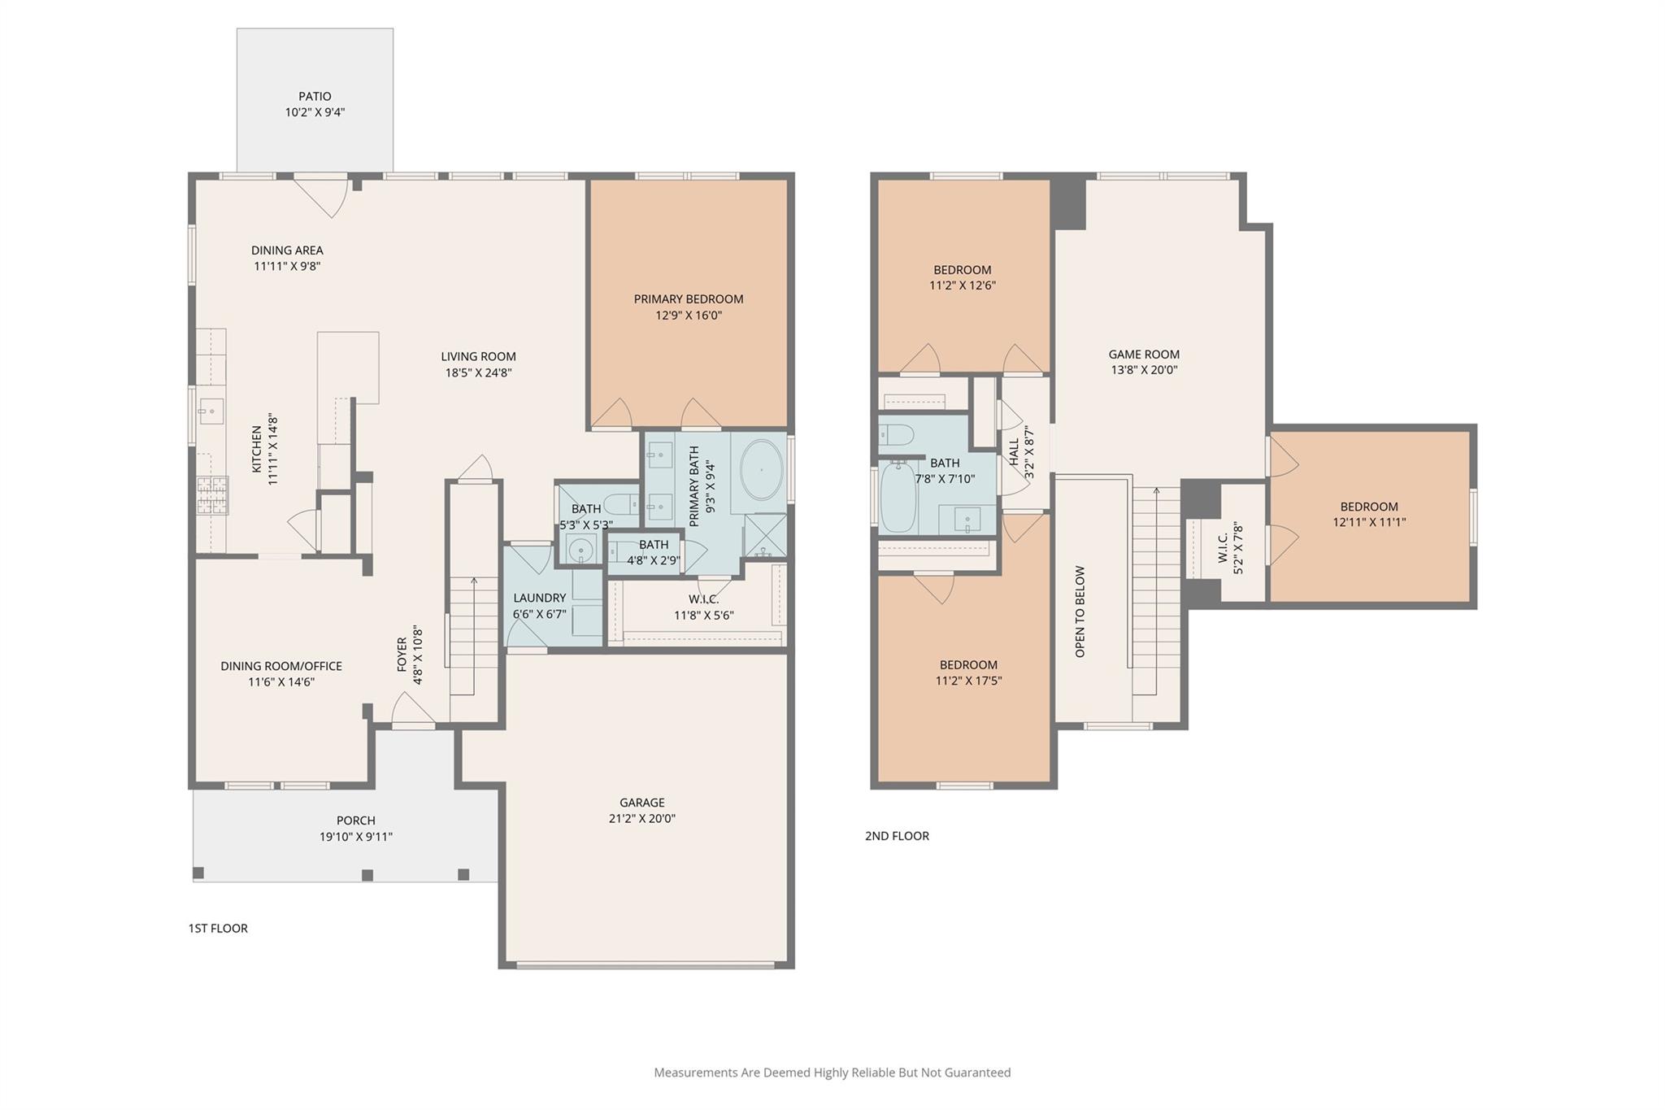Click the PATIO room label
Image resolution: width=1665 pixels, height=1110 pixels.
(315, 97)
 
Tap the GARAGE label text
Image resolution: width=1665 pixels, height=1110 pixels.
(642, 803)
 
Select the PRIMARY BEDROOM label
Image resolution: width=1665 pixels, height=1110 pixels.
(689, 299)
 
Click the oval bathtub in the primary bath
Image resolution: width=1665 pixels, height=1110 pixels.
(761, 470)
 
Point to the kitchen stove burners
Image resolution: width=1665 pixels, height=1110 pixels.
(212, 495)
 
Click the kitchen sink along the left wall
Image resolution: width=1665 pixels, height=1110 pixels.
(211, 411)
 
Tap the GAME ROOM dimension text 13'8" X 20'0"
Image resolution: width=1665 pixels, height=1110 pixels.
(1144, 370)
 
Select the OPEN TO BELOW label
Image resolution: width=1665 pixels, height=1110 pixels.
(1080, 612)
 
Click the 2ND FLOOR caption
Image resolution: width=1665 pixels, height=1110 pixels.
(897, 836)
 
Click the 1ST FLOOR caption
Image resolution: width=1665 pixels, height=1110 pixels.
(218, 929)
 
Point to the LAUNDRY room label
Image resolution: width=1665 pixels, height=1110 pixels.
(539, 598)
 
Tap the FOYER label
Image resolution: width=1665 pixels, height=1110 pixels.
(402, 655)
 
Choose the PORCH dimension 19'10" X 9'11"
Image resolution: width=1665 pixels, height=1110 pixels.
(356, 837)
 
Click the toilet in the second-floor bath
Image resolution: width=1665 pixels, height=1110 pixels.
(897, 433)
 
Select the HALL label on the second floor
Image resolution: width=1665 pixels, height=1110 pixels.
(1014, 452)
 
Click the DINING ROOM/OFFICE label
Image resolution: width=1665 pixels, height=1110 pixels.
(281, 666)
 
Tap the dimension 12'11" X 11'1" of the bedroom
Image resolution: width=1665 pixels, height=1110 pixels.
(1369, 523)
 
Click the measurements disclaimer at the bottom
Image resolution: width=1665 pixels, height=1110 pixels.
(832, 1073)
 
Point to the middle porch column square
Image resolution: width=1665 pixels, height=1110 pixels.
(367, 875)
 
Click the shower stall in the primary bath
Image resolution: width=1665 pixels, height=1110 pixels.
(766, 535)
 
